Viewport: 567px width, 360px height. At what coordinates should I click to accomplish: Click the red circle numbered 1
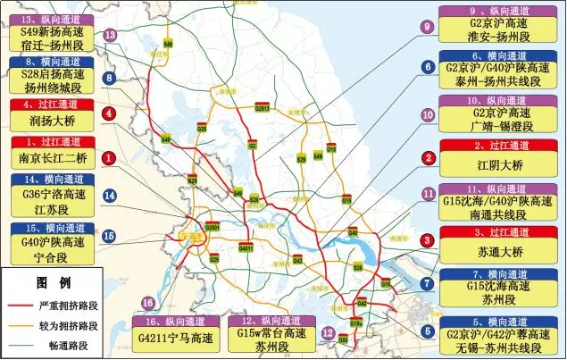coord(108,158)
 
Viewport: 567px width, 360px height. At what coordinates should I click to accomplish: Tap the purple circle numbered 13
coord(111,35)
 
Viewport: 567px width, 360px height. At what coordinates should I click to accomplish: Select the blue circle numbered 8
coord(109,79)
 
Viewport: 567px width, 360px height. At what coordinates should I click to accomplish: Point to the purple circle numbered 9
coord(428,28)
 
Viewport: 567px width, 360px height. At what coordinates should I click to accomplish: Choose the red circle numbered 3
coord(428,240)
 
